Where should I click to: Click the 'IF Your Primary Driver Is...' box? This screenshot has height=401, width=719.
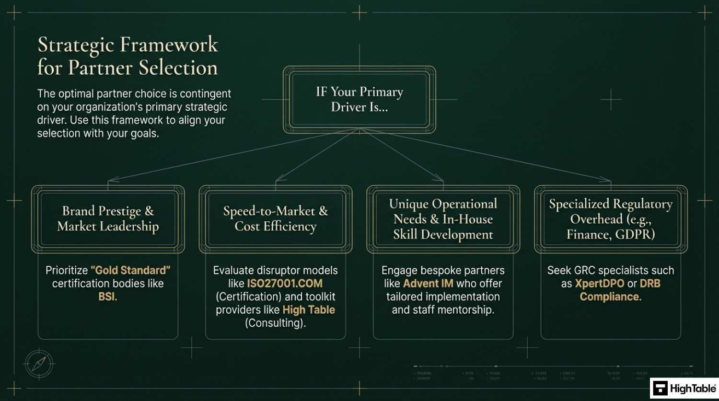[359, 99]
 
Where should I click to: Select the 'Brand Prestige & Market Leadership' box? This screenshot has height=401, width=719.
[108, 219]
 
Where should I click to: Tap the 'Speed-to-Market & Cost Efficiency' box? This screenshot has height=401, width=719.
[276, 219]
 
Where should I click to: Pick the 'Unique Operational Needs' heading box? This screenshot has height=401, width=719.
[443, 219]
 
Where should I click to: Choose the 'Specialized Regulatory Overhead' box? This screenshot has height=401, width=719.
[611, 219]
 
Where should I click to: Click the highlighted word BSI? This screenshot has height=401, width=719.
[108, 297]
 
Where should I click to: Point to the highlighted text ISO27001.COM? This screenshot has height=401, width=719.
[285, 284]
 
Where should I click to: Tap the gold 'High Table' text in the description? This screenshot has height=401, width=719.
[309, 310]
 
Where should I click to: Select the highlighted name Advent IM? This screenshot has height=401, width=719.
[428, 284]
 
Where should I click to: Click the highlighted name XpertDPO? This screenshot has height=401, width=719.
[599, 284]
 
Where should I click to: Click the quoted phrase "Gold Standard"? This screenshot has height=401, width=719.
[130, 270]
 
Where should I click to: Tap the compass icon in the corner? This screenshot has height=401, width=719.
[38, 363]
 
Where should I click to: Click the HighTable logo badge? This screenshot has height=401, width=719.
[684, 389]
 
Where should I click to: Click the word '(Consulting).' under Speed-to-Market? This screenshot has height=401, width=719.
[275, 323]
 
